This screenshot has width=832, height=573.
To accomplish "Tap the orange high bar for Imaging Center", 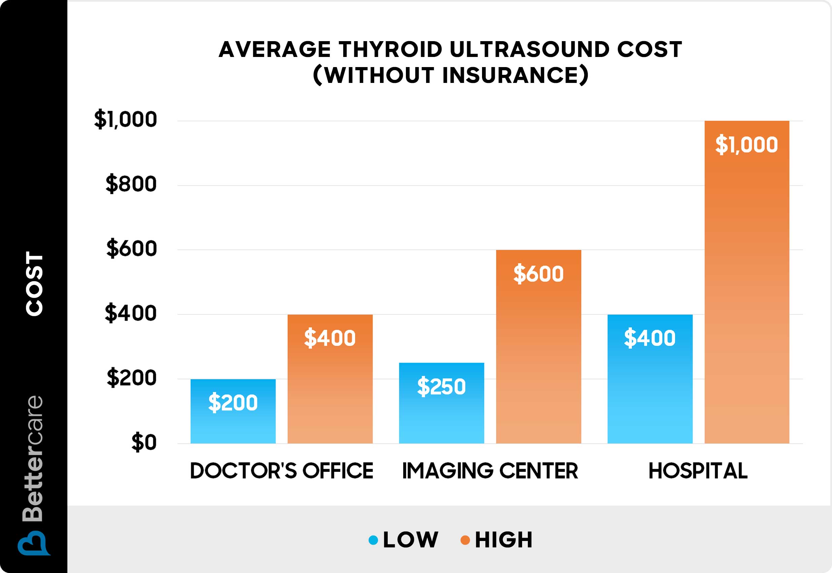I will [x=538, y=359].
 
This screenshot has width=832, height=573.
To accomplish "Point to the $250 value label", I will [x=441, y=386].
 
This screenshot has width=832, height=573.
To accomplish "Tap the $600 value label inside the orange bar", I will [x=538, y=274].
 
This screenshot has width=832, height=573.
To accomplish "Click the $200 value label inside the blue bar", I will [x=233, y=402].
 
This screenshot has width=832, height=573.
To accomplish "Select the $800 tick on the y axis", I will [x=131, y=184].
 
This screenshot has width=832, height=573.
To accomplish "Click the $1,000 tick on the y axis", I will [x=126, y=120].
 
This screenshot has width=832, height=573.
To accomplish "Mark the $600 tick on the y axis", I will [x=132, y=248].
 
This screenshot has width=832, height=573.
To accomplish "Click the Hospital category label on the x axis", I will [x=698, y=471].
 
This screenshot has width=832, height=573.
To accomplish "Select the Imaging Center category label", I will [x=490, y=471].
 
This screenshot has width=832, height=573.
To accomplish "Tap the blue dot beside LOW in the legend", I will [x=373, y=540].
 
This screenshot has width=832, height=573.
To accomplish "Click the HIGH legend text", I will [x=504, y=540].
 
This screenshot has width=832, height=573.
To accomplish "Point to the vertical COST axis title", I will [x=34, y=283].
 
